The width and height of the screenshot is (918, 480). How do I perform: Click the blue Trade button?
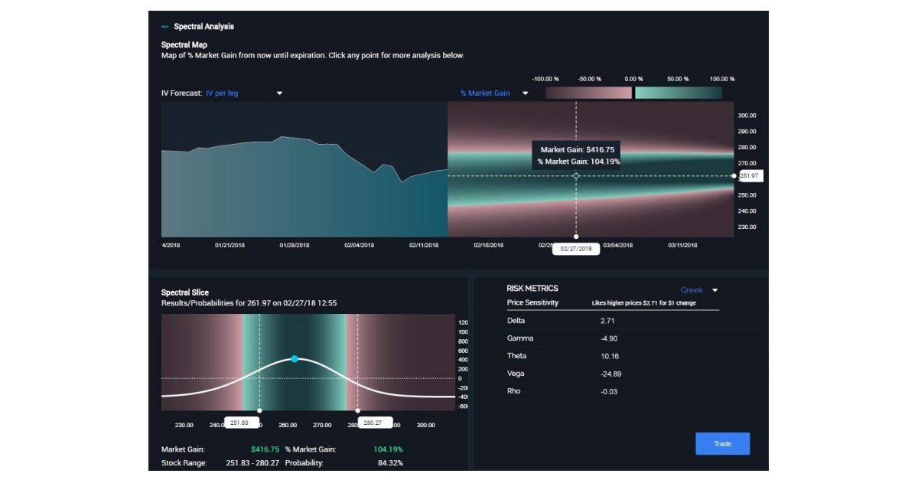(x=722, y=444)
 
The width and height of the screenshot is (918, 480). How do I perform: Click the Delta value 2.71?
(x=607, y=321)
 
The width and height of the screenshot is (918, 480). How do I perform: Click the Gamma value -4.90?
(x=610, y=338)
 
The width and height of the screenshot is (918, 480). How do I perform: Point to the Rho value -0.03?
(x=609, y=391)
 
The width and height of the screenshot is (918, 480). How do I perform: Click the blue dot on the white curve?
(x=295, y=359)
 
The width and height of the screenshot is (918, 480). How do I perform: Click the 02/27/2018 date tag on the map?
(x=576, y=249)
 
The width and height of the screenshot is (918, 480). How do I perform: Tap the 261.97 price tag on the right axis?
(x=750, y=176)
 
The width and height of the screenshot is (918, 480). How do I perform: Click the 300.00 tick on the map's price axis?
(x=747, y=116)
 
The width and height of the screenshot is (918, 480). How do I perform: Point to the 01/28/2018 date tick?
(x=295, y=246)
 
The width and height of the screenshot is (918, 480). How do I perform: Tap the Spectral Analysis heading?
(x=203, y=27)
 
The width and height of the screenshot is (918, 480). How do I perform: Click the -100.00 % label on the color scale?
(x=545, y=79)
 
